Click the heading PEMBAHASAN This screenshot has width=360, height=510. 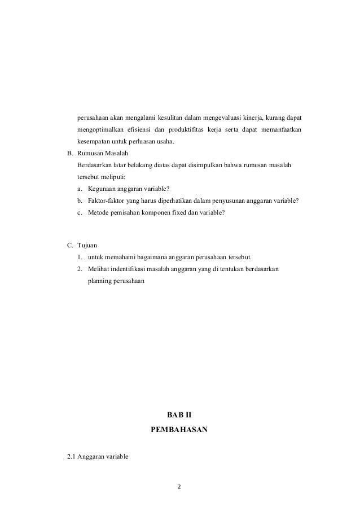point(179,429)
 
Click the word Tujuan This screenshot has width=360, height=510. point(88,245)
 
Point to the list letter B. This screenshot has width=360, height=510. point(70,152)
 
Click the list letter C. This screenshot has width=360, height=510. point(70,245)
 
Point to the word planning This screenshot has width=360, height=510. point(100,280)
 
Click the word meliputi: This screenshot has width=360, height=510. point(113,176)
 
